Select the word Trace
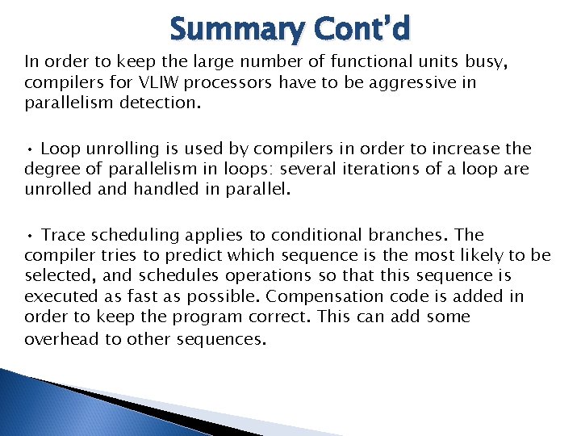coord(63,236)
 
